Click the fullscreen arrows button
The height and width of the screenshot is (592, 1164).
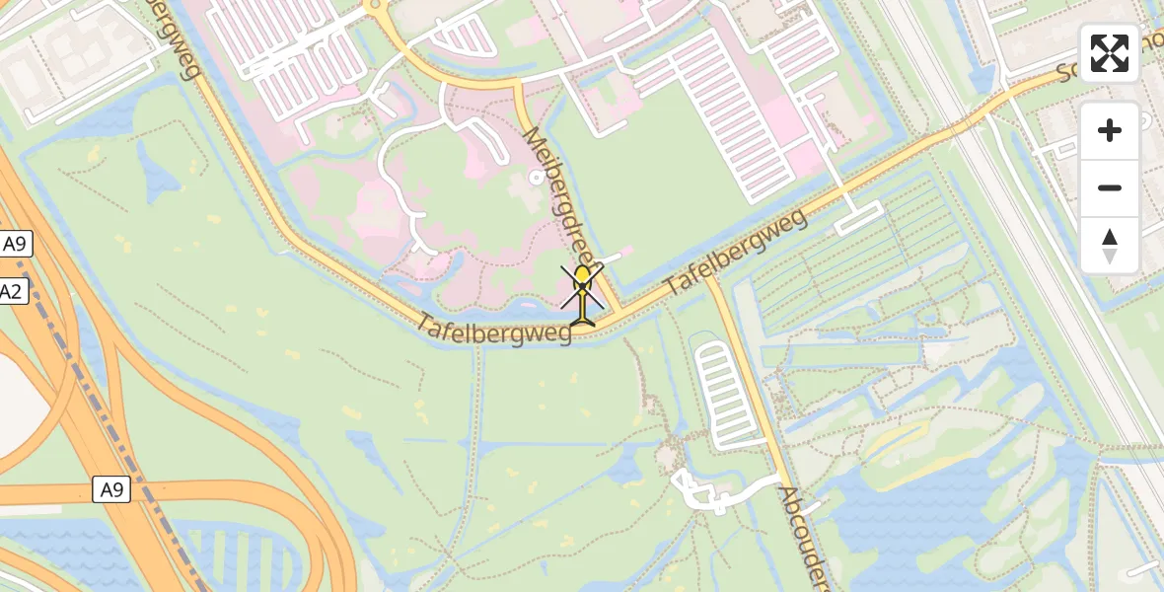coord(1110,53)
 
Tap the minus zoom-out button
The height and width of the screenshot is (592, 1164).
coord(1110,187)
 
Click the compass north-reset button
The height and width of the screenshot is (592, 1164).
coord(1110,246)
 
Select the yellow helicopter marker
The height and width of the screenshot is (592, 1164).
coord(583,294)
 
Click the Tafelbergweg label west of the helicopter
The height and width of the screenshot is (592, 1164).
coord(494,330)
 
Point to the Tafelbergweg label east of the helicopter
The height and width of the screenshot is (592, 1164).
coord(736,252)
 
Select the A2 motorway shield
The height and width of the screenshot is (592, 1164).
coord(10,291)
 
